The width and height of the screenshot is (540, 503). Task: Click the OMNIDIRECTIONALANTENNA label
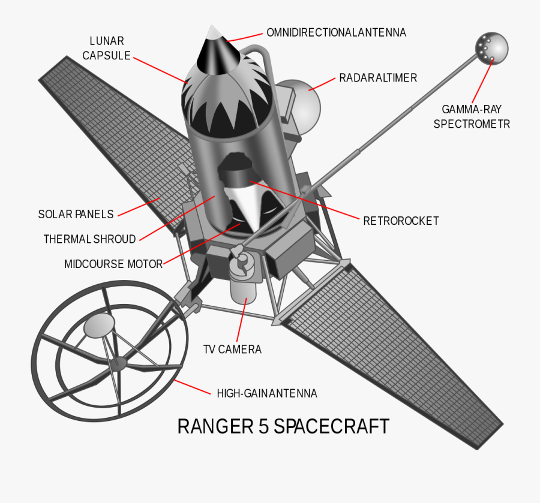[336, 32]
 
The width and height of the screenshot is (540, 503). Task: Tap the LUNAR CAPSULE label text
[107, 49]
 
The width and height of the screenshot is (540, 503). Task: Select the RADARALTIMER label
[378, 78]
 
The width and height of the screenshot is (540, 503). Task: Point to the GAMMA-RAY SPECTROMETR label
[472, 116]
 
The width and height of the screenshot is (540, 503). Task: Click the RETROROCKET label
[401, 221]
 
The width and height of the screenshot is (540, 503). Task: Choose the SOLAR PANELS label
[76, 214]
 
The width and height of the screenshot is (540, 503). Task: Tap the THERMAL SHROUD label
[89, 239]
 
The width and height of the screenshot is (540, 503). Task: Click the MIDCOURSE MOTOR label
[113, 264]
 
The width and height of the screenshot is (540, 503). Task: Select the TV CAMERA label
[232, 350]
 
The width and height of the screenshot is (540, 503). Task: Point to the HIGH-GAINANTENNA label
[266, 393]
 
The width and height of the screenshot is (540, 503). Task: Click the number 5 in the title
[263, 426]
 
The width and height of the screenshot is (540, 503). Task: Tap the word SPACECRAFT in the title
[332, 426]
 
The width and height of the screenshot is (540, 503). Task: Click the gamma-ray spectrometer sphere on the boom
[491, 47]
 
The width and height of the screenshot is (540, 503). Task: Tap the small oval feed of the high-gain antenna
[98, 326]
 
